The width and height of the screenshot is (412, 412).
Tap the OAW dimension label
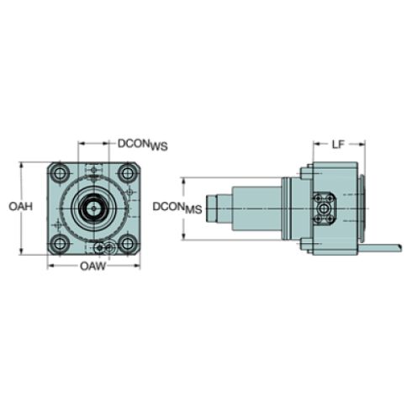pos(92,267)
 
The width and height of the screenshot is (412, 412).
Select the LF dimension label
pos(337,145)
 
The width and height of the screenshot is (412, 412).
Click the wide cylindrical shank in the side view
pos(256,207)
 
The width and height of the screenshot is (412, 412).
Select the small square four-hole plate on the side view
pos(325,206)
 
